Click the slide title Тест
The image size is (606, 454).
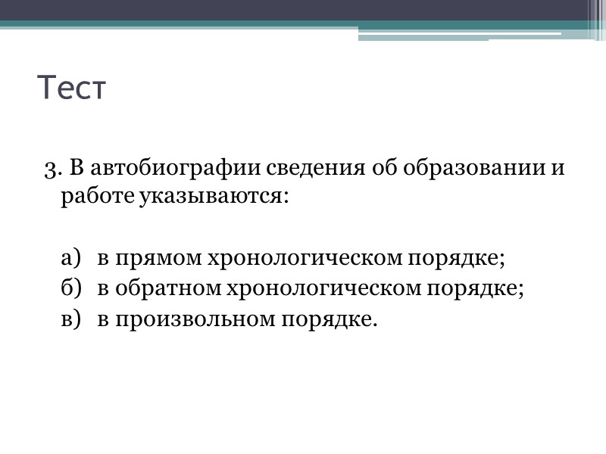(x=72, y=89)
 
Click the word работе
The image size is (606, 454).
(x=98, y=197)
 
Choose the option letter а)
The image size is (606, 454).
(x=70, y=259)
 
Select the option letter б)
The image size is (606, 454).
(x=70, y=289)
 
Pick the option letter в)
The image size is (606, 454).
(x=70, y=319)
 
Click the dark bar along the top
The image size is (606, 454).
(x=303, y=10)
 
